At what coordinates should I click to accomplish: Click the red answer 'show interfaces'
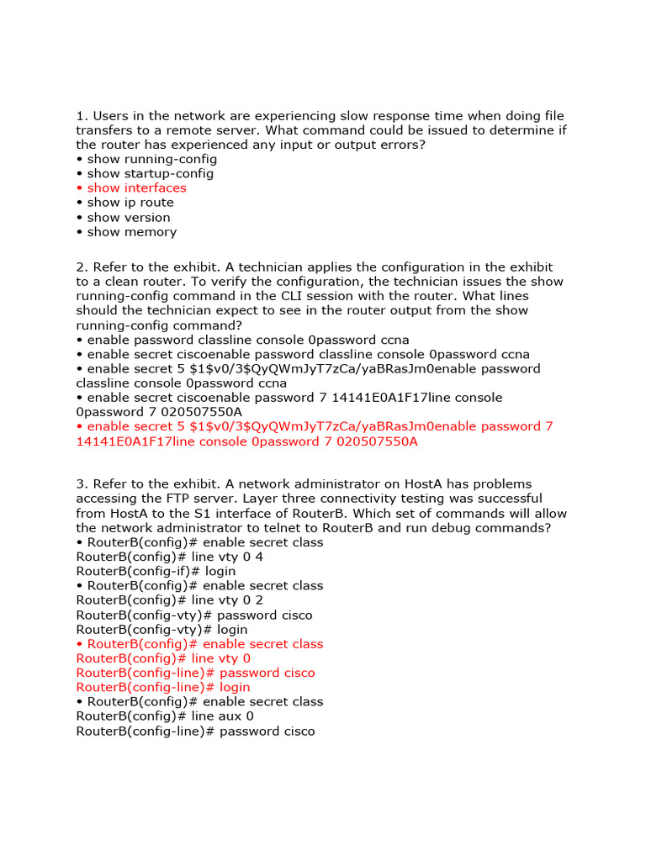click(x=136, y=188)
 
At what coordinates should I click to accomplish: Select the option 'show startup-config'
click(x=150, y=173)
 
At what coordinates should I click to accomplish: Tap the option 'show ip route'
click(x=130, y=202)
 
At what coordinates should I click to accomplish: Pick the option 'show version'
click(x=129, y=217)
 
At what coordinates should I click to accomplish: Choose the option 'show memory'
click(x=132, y=231)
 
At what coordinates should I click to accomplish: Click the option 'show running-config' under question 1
click(x=151, y=159)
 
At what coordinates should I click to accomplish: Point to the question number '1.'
click(x=82, y=116)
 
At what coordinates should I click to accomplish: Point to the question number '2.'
click(x=82, y=267)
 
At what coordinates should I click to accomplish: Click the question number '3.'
click(x=82, y=484)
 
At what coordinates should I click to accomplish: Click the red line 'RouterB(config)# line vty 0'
click(x=163, y=658)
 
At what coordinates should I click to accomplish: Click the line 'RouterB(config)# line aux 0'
click(x=165, y=716)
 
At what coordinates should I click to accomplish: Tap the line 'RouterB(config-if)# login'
click(x=156, y=571)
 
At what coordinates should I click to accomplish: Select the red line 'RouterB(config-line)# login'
click(x=163, y=687)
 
